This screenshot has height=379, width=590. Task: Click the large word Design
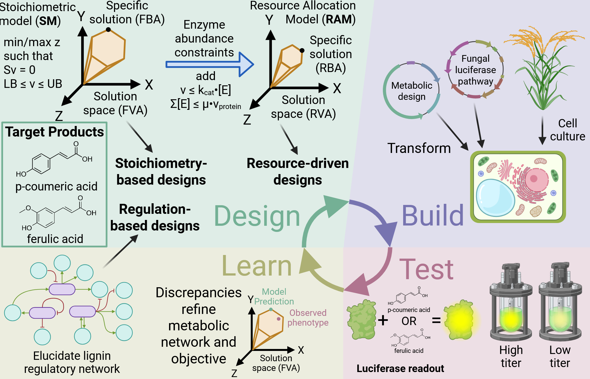[x=257, y=216]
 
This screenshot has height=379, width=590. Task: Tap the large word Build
[x=433, y=216]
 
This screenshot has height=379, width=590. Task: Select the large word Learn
[x=257, y=266]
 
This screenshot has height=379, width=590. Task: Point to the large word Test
[x=426, y=269]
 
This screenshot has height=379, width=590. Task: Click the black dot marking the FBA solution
[x=108, y=29]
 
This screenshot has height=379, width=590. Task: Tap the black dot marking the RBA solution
[x=302, y=51]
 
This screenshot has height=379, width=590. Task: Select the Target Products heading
[x=54, y=132]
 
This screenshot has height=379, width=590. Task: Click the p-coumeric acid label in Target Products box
[x=56, y=186]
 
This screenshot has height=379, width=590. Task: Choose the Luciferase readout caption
[x=400, y=368]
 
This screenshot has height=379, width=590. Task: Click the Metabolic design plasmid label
[x=411, y=91]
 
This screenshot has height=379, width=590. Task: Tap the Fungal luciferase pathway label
[x=475, y=70]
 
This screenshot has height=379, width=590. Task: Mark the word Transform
[x=419, y=148]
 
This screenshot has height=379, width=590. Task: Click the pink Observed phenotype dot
[x=279, y=319]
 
